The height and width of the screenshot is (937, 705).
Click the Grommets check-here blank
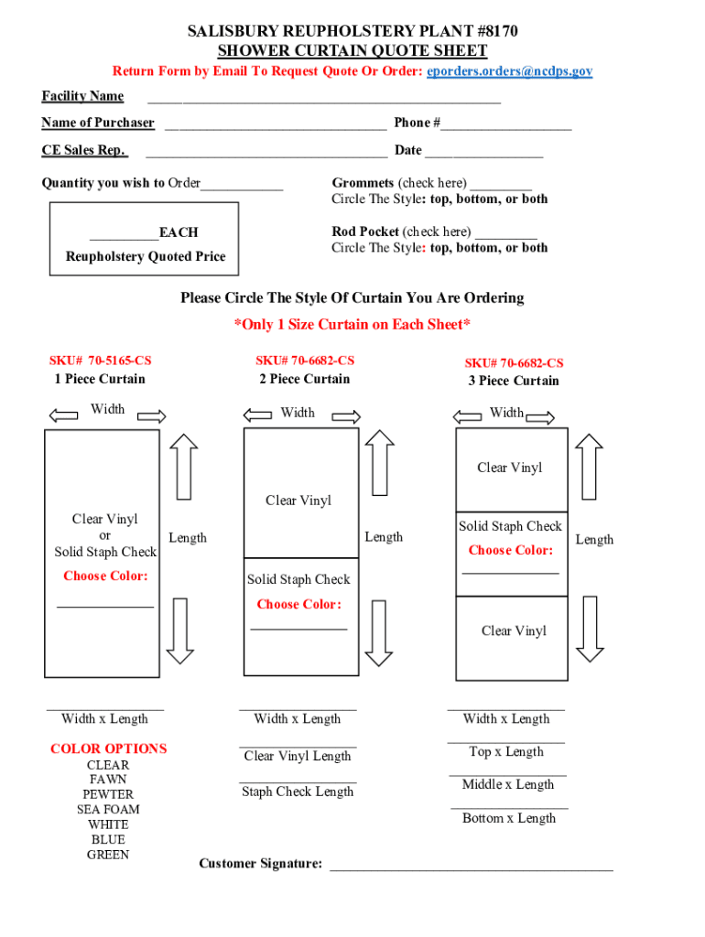502,185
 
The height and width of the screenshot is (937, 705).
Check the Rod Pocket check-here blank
506,233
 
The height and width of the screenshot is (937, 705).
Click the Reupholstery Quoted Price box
145,239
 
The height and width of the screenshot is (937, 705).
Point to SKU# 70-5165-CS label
101,361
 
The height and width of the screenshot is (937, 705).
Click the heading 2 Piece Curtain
305,379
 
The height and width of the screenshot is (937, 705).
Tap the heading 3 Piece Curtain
514,381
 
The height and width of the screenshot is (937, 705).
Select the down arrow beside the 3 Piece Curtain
591,628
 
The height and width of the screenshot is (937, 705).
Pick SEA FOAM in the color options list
108,809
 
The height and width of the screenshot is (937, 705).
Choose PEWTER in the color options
108,794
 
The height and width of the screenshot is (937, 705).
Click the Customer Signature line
471,866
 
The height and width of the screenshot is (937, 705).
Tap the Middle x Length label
508,784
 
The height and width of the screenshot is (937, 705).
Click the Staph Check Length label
298,792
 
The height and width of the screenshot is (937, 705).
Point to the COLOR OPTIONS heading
109,749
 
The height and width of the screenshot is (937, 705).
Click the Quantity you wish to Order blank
242,186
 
